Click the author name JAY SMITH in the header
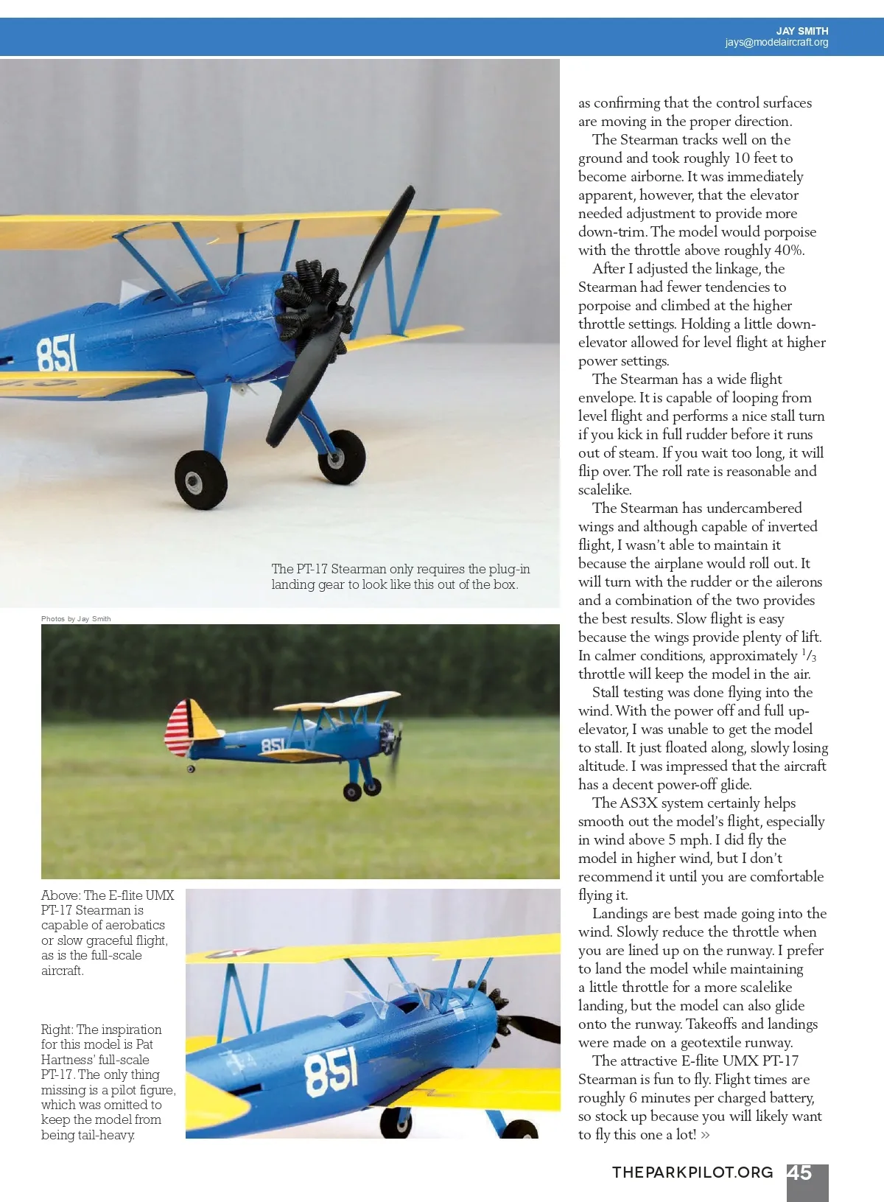pyautogui.click(x=801, y=31)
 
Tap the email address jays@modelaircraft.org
pyautogui.click(x=776, y=43)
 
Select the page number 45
pyautogui.click(x=800, y=1173)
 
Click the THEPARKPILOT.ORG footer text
pyautogui.click(x=692, y=1173)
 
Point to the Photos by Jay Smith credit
pyautogui.click(x=76, y=619)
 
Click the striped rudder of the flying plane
pyautogui.click(x=179, y=728)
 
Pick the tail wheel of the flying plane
pyautogui.click(x=191, y=769)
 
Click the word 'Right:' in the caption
pyautogui.click(x=57, y=1030)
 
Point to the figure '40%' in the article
pyautogui.click(x=789, y=251)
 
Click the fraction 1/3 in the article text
pyautogui.click(x=809, y=655)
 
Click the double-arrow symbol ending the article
pyautogui.click(x=706, y=1136)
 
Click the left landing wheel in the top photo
pyautogui.click(x=200, y=481)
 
